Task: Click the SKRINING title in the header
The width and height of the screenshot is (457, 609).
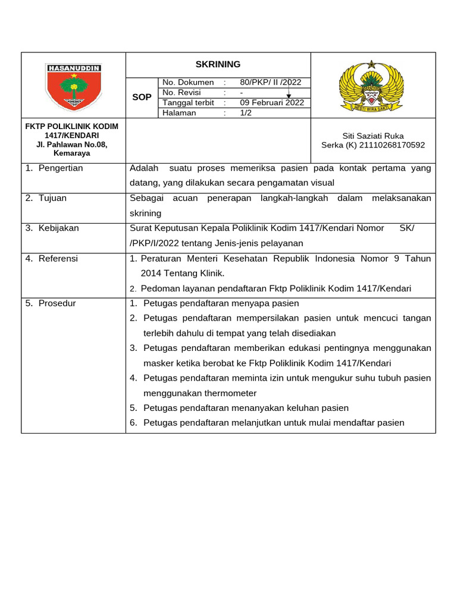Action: pyautogui.click(x=218, y=64)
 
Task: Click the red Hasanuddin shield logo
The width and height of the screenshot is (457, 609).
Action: pyautogui.click(x=74, y=87)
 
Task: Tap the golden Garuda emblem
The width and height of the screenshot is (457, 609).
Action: pyautogui.click(x=371, y=86)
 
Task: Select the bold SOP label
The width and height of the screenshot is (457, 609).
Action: pyautogui.click(x=142, y=97)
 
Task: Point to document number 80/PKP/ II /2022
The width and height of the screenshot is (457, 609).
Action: pyautogui.click(x=271, y=82)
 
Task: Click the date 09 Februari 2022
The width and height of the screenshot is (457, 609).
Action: pyautogui.click(x=272, y=102)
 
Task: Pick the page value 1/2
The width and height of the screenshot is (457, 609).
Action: pyautogui.click(x=246, y=112)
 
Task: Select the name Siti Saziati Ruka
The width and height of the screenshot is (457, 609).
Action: pyautogui.click(x=373, y=136)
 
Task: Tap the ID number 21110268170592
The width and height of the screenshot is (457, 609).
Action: pyautogui.click(x=390, y=145)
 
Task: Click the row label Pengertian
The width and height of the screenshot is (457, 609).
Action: pyautogui.click(x=61, y=168)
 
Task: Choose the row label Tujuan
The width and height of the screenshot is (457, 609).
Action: pyautogui.click(x=52, y=198)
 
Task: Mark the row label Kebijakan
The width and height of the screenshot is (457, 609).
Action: pyautogui.click(x=58, y=228)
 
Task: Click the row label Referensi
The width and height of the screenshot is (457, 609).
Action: pyautogui.click(x=58, y=258)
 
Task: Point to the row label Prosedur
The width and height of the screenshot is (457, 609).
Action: pyautogui.click(x=57, y=303)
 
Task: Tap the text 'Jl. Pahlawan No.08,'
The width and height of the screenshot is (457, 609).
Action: pyautogui.click(x=71, y=145)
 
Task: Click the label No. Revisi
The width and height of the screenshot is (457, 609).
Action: pyautogui.click(x=181, y=92)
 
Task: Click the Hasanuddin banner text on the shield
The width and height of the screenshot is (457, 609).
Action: pyautogui.click(x=74, y=68)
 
